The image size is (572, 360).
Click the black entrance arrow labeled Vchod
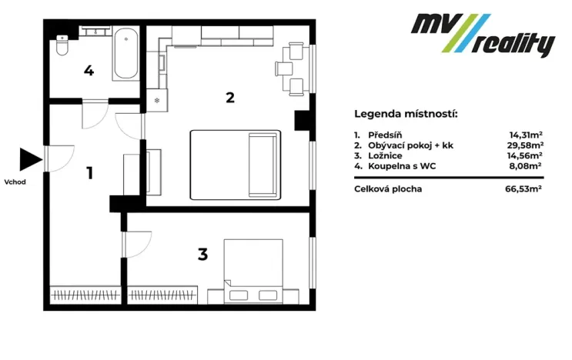point(29,159)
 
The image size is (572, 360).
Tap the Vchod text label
point(15,182)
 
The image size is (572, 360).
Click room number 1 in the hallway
point(89,172)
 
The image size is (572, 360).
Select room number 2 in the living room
point(229,98)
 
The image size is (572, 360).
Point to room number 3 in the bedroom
point(202,254)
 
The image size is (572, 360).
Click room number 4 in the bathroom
point(89,71)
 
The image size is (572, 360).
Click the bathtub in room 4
point(125,54)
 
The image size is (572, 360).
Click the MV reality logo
point(482,35)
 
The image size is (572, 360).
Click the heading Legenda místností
point(406,114)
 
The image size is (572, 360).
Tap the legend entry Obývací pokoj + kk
point(411,144)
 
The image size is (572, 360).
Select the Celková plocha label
point(388,188)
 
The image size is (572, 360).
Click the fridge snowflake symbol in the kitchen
point(156,100)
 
